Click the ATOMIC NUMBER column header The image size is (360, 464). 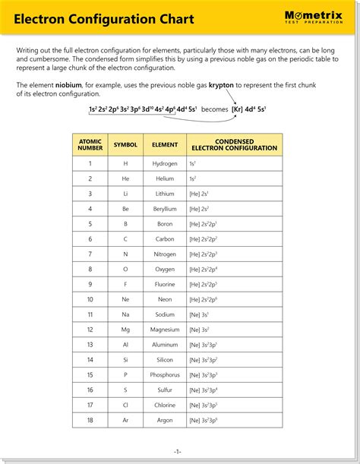point(90,144)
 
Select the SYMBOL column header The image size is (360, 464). point(125,144)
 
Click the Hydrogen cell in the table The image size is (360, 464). point(165,163)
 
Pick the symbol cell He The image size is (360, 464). point(125,178)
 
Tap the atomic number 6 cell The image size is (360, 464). point(90,239)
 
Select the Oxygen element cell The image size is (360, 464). point(165,269)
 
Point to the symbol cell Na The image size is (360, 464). point(125,314)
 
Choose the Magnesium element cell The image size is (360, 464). point(165,330)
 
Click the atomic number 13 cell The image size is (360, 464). point(90,345)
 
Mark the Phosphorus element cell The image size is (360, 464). point(165,375)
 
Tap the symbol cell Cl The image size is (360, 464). point(125,405)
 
